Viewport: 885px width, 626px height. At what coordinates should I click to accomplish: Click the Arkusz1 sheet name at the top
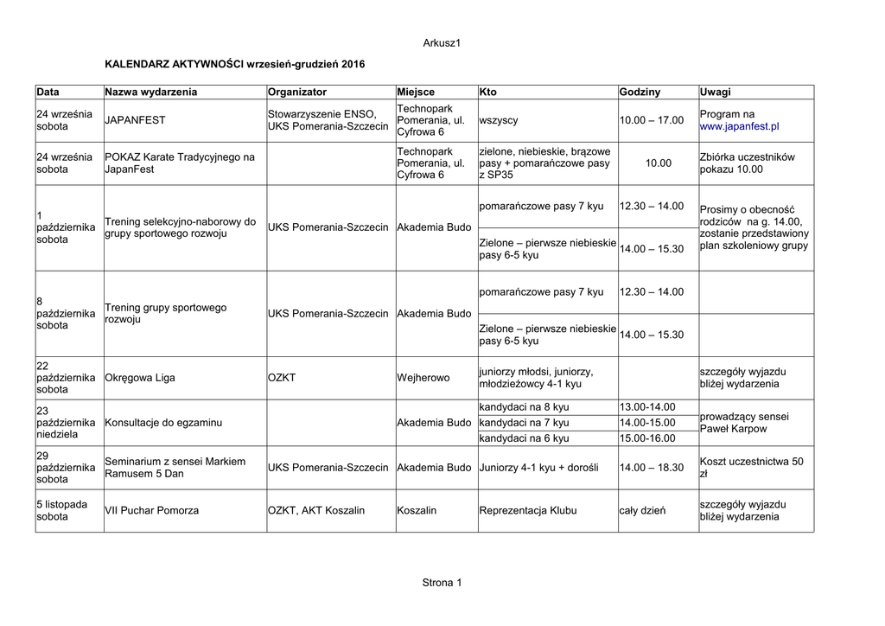442,43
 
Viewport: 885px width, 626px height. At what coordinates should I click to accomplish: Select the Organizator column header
297,92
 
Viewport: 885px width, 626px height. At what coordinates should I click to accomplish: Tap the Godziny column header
640,92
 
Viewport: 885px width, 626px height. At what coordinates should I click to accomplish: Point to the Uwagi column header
716,92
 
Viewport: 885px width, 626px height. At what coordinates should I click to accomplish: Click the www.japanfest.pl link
739,126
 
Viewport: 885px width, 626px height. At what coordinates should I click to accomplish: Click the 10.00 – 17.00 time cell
652,120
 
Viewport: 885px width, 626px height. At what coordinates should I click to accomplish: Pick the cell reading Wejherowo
423,378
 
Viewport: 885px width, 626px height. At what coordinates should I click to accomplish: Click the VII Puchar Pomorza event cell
151,510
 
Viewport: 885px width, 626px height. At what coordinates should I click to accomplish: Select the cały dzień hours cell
642,510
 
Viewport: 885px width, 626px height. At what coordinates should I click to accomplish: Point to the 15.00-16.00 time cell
647,438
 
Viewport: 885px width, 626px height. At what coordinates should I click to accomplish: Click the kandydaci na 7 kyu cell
524,423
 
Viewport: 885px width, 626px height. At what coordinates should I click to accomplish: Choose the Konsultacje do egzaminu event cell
163,423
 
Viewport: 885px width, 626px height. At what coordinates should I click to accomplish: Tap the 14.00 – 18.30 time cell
652,468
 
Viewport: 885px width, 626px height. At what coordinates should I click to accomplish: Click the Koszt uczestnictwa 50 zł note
751,468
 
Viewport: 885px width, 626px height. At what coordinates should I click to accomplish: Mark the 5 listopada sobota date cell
61,510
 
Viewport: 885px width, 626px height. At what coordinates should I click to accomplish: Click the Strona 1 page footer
442,583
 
